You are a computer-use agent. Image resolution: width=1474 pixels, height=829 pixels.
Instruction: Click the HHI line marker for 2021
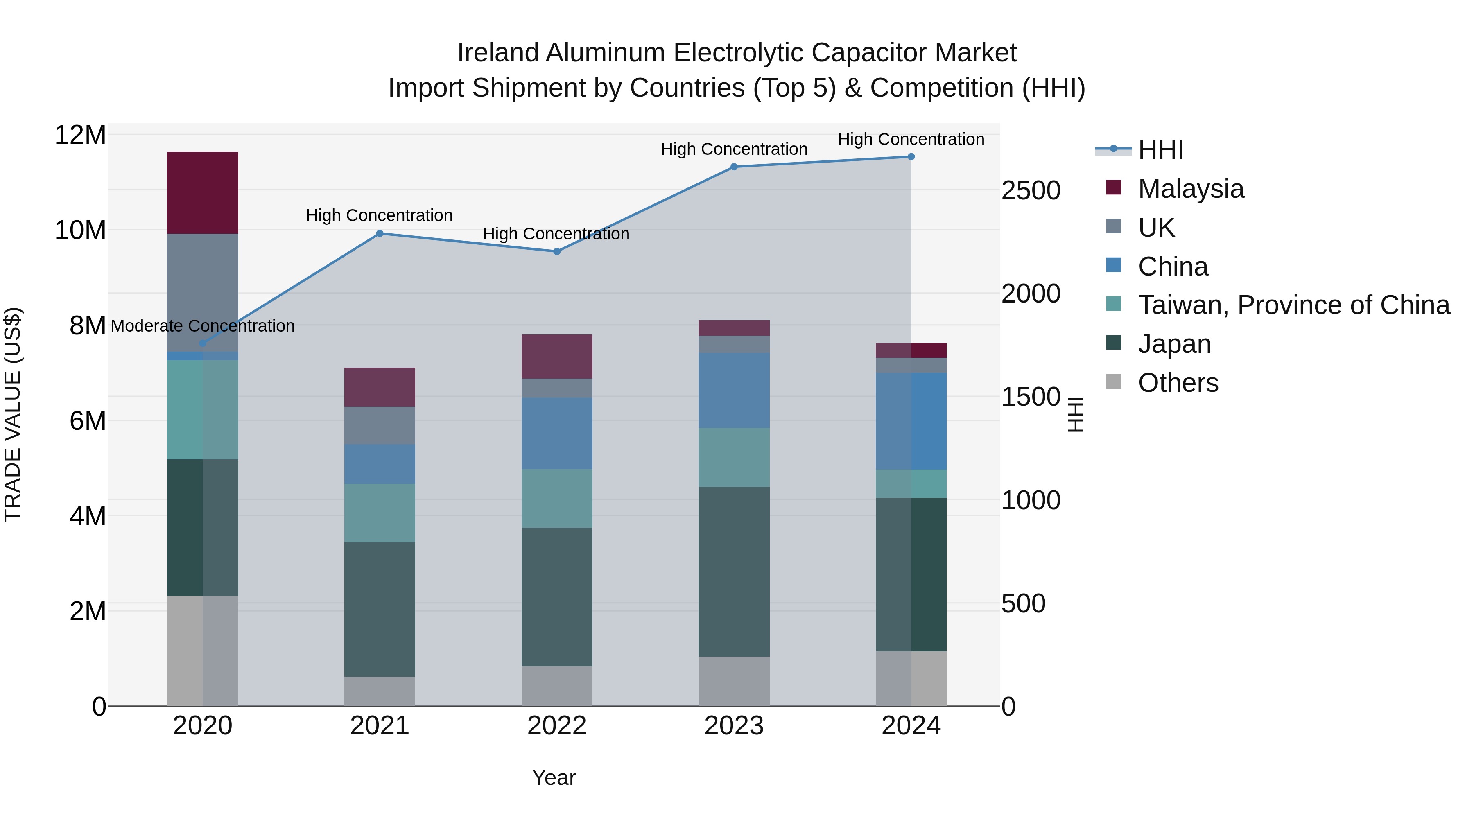click(380, 233)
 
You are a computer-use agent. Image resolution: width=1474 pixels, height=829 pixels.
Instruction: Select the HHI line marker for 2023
click(734, 167)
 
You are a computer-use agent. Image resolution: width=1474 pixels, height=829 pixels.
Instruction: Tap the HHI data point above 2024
click(911, 157)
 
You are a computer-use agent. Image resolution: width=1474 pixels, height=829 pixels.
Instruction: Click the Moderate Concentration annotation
click(203, 326)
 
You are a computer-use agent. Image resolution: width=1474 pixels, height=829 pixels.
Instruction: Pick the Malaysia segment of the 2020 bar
click(203, 193)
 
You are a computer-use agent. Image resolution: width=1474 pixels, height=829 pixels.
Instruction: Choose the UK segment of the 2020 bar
click(203, 292)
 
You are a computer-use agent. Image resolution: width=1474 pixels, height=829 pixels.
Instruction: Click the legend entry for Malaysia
click(1190, 189)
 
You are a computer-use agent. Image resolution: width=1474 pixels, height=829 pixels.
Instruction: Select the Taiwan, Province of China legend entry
click(1293, 305)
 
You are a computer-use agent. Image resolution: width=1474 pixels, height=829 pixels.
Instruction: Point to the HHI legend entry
click(1160, 150)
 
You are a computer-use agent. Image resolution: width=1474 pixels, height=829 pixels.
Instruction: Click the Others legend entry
click(1178, 383)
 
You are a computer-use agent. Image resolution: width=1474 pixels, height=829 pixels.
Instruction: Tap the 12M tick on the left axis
click(80, 136)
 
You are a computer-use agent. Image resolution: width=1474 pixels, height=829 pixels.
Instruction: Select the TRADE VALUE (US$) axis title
click(13, 414)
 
